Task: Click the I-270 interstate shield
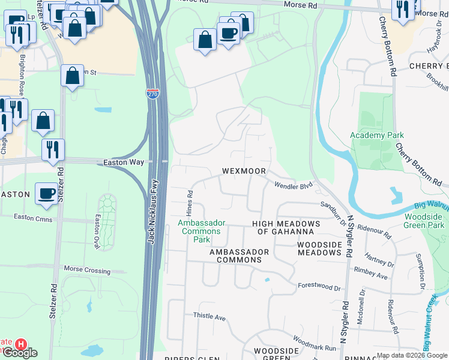click(x=152, y=94)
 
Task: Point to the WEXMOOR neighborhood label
click(x=244, y=171)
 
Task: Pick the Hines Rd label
click(x=190, y=202)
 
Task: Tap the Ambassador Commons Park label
click(x=202, y=231)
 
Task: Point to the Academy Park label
click(x=377, y=135)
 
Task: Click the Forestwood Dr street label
click(x=319, y=287)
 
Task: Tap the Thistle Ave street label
click(x=208, y=316)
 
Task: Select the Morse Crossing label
click(x=87, y=269)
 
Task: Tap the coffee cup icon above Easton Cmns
click(x=47, y=194)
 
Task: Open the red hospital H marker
click(x=20, y=344)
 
